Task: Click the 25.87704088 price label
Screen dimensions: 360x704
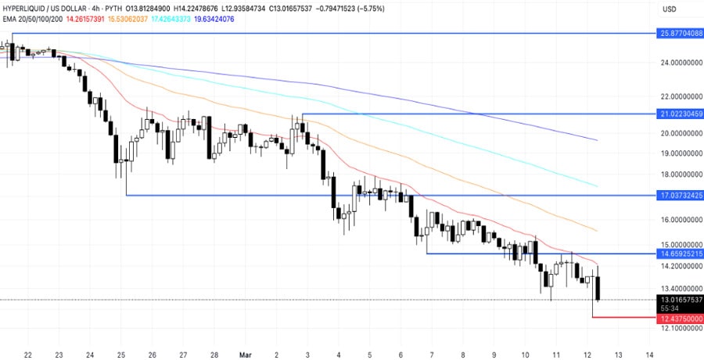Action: click(x=681, y=34)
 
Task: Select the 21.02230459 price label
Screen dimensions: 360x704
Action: click(x=681, y=113)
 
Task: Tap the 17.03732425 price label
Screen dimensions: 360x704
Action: click(x=681, y=194)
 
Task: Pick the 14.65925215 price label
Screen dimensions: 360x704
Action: click(x=681, y=254)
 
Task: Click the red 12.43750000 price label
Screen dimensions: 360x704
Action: click(x=681, y=319)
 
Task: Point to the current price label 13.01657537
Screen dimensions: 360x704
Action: click(x=681, y=300)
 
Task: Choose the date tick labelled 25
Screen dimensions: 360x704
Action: click(x=121, y=353)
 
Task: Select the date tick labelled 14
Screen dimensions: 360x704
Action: click(x=649, y=353)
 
